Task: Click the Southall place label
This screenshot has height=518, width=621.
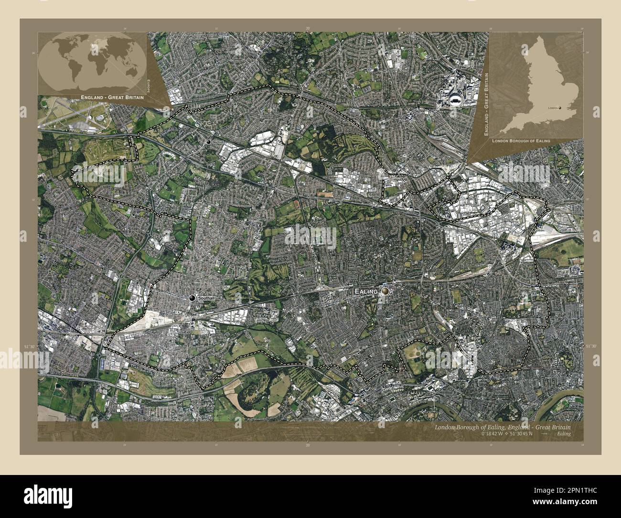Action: tap(208, 298)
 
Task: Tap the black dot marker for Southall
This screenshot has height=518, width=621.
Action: tap(193, 298)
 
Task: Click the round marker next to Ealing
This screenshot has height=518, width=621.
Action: tap(385, 291)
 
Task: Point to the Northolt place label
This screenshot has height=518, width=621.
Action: tap(217, 142)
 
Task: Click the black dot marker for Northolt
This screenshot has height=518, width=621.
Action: tap(208, 142)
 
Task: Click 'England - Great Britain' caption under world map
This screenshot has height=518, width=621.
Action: tap(113, 97)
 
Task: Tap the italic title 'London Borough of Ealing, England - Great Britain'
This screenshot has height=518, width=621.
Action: tap(502, 427)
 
